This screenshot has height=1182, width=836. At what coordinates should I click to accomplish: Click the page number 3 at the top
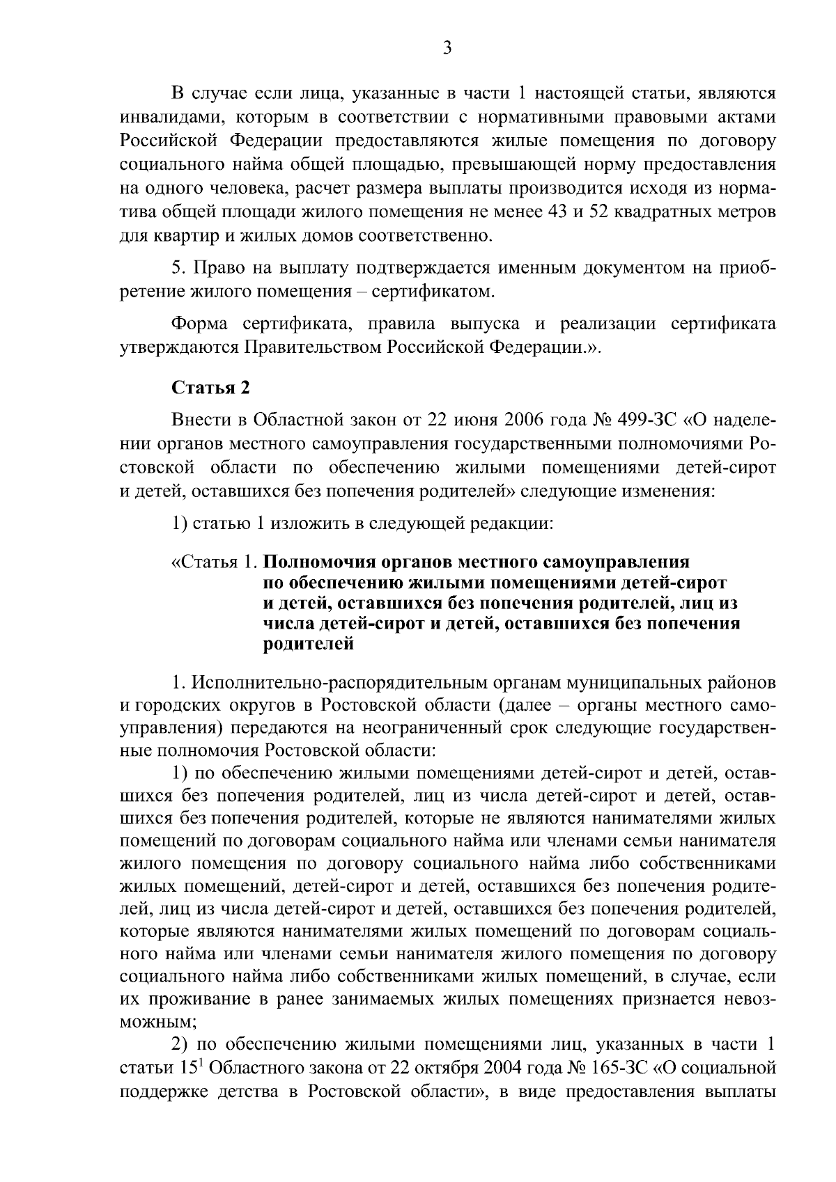(x=448, y=49)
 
